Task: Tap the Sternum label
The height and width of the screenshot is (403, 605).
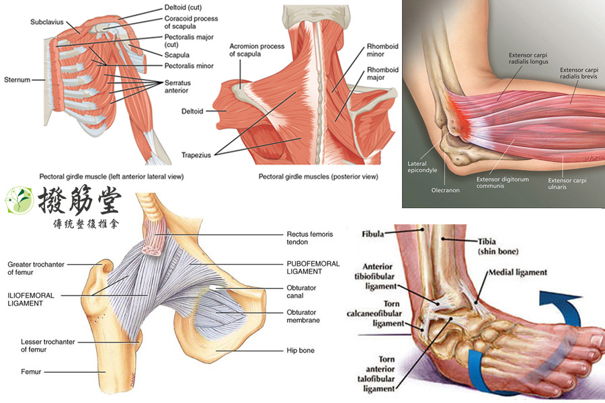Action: pos(17,79)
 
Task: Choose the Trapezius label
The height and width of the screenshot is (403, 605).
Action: pos(197,155)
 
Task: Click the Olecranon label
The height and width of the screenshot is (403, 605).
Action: pos(445,190)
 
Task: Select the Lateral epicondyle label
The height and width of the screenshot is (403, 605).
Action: pos(422,167)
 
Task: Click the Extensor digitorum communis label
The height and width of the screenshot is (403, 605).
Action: pos(503,183)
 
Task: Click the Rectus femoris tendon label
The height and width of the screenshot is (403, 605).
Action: pos(307,238)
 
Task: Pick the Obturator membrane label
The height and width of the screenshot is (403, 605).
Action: pos(302,316)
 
